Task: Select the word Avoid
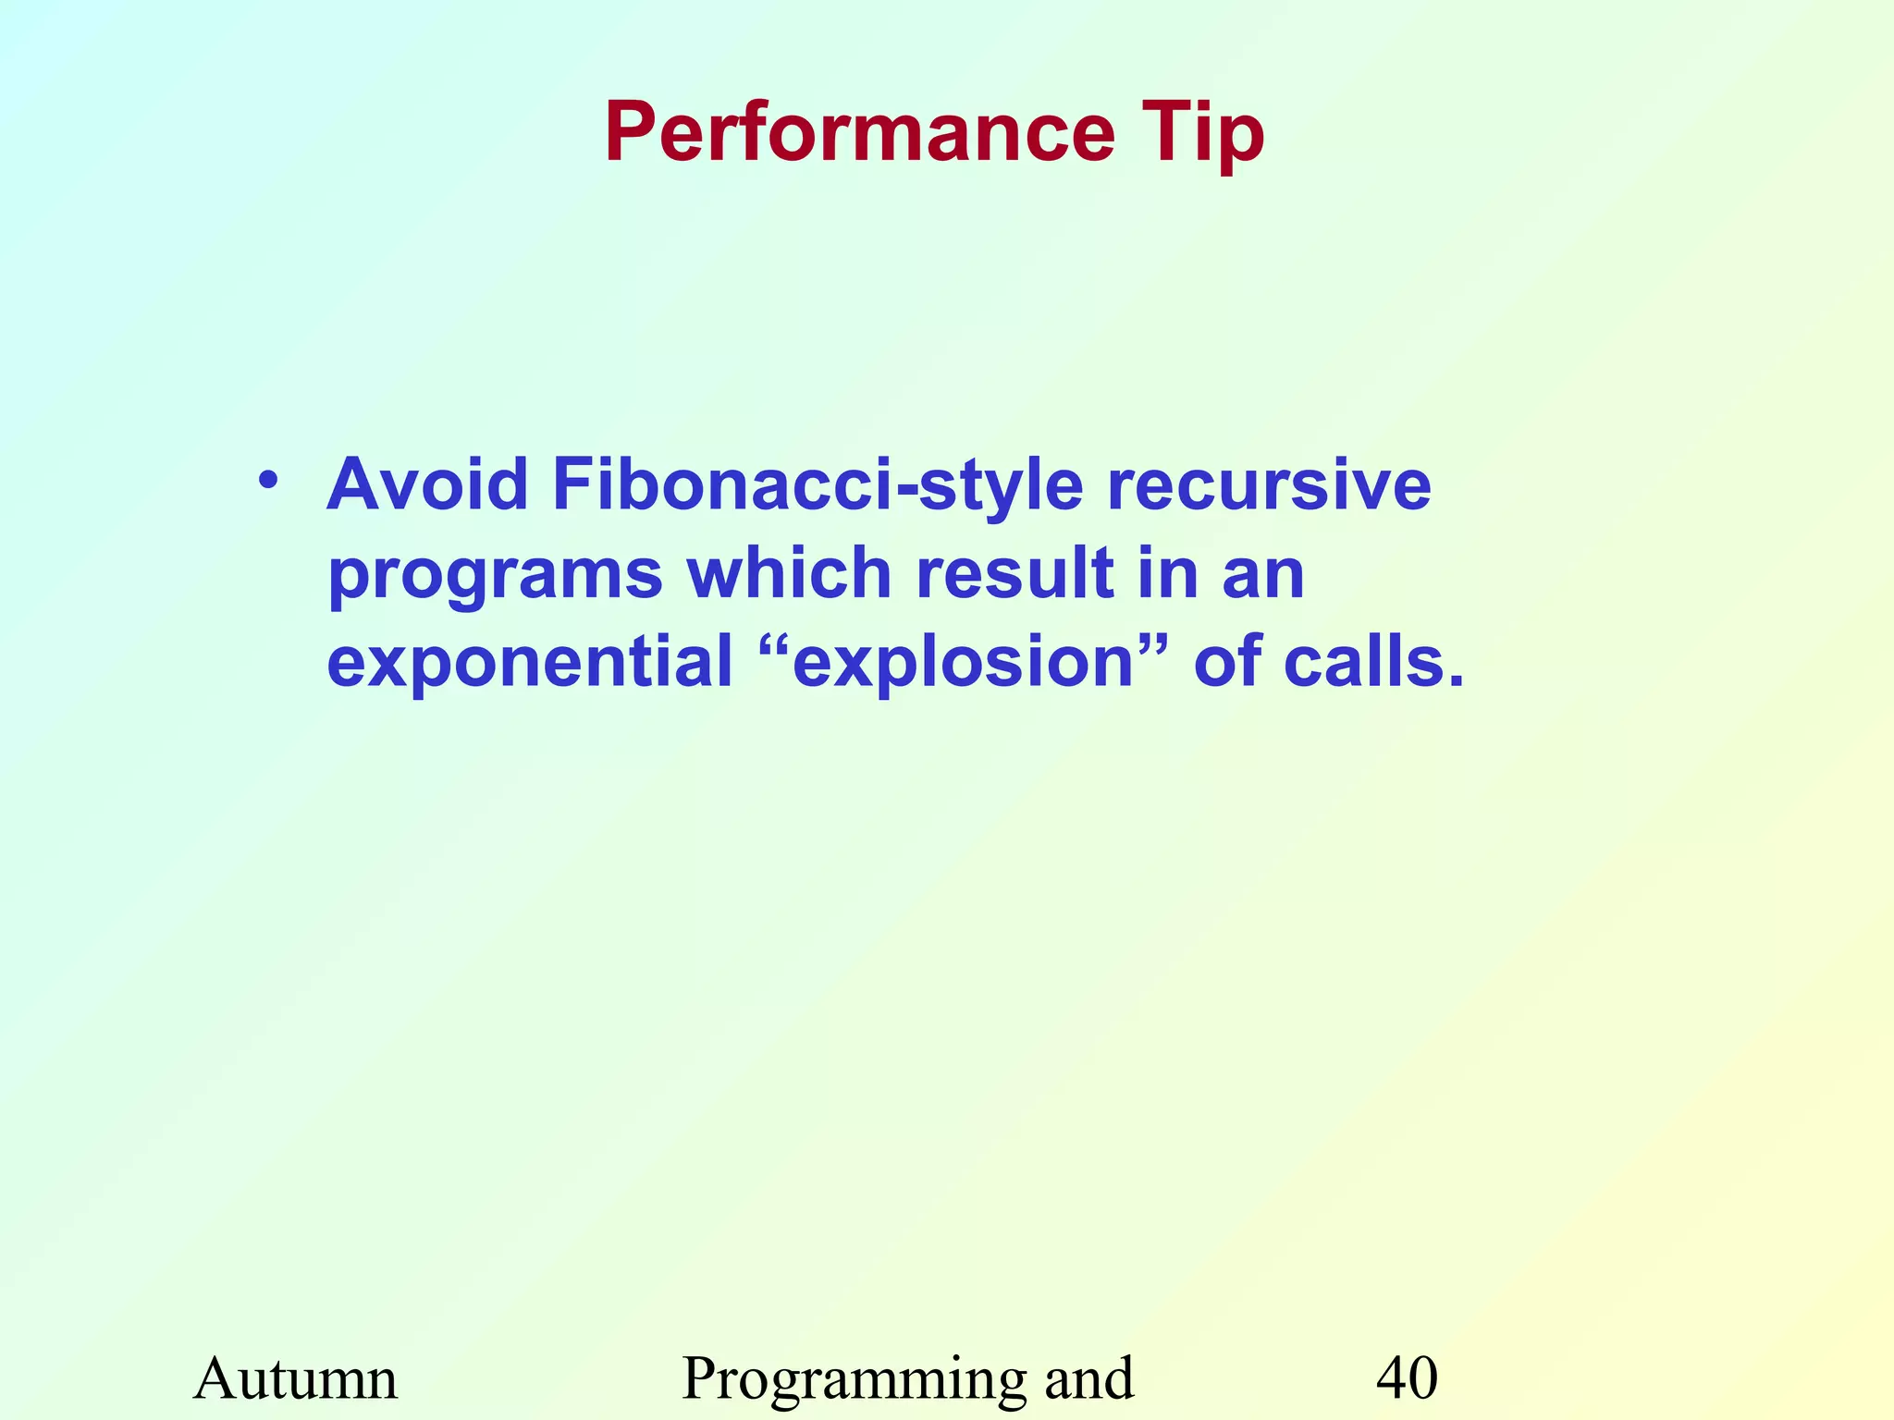coord(427,484)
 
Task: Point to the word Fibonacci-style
coord(818,486)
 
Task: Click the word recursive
coord(1269,484)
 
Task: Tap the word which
coord(789,572)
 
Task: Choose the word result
coord(1015,572)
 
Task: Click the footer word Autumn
coord(295,1378)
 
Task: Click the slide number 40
coord(1407,1378)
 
